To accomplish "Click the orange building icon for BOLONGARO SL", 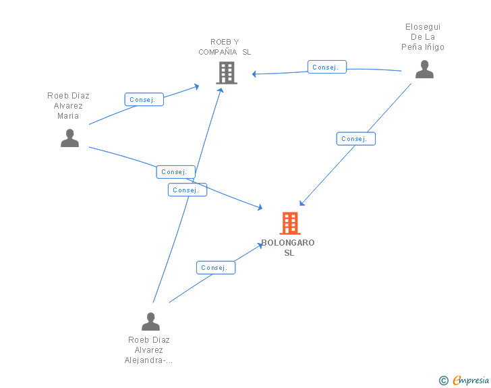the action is [290, 223].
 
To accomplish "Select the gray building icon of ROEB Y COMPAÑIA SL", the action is [227, 73].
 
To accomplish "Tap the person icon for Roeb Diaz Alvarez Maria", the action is [70, 138].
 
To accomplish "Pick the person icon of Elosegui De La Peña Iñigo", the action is [425, 70].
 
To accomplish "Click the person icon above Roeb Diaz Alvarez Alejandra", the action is [150, 322].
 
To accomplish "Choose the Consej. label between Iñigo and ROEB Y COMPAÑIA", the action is [327, 67].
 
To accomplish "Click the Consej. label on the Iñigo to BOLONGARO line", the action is [355, 139].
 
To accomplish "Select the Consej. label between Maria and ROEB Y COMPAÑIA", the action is [144, 99].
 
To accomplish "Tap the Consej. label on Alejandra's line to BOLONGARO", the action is [216, 268].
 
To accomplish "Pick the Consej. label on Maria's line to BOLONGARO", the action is [175, 172].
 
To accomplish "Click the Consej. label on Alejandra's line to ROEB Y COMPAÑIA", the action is [187, 190].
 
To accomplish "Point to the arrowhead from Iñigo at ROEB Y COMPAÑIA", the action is [254, 74].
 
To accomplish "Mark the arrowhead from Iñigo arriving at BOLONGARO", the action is [302, 203].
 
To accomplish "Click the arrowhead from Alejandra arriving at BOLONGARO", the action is [260, 246].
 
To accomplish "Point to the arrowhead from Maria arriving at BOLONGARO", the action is [260, 207].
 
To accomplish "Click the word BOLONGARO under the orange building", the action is [288, 242].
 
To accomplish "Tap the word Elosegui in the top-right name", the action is [423, 27].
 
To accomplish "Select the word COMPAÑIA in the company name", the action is [218, 52].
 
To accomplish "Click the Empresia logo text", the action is [471, 380].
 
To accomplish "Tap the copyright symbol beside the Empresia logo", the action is [443, 381].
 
